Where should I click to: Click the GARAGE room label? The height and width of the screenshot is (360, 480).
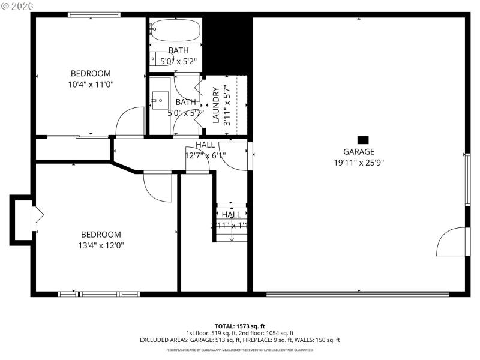point(359,152)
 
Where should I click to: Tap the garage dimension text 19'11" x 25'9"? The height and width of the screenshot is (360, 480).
point(359,162)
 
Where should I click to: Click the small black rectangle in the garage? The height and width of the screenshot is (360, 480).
point(362,139)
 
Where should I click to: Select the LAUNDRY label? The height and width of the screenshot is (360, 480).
point(215,105)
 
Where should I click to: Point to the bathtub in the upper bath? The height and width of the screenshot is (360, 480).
point(174,28)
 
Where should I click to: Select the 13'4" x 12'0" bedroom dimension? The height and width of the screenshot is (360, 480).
point(101,245)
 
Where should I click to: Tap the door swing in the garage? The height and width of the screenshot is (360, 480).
point(452,242)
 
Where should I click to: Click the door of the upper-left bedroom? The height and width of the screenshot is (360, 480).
point(129,122)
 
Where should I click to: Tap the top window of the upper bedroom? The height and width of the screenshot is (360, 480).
point(90,15)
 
